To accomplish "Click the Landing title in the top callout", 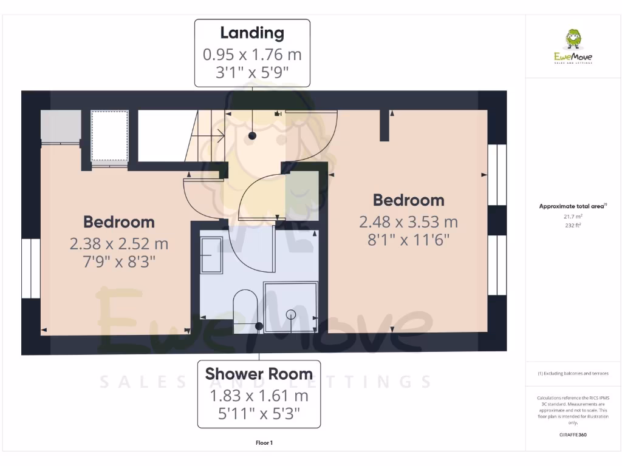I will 252,33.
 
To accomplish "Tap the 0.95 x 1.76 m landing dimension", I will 252,55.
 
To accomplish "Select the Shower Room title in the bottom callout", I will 259,374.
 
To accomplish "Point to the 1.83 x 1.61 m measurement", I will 259,396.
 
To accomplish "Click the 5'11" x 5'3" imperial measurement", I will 259,415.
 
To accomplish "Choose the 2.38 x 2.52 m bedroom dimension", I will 119,244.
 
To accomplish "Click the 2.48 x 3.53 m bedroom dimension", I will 408,222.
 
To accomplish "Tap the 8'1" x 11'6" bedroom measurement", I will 408,240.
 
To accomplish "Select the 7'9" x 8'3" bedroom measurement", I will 119,262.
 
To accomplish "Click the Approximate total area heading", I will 572,206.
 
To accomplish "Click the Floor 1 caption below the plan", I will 264,443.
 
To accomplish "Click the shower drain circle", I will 291,314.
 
